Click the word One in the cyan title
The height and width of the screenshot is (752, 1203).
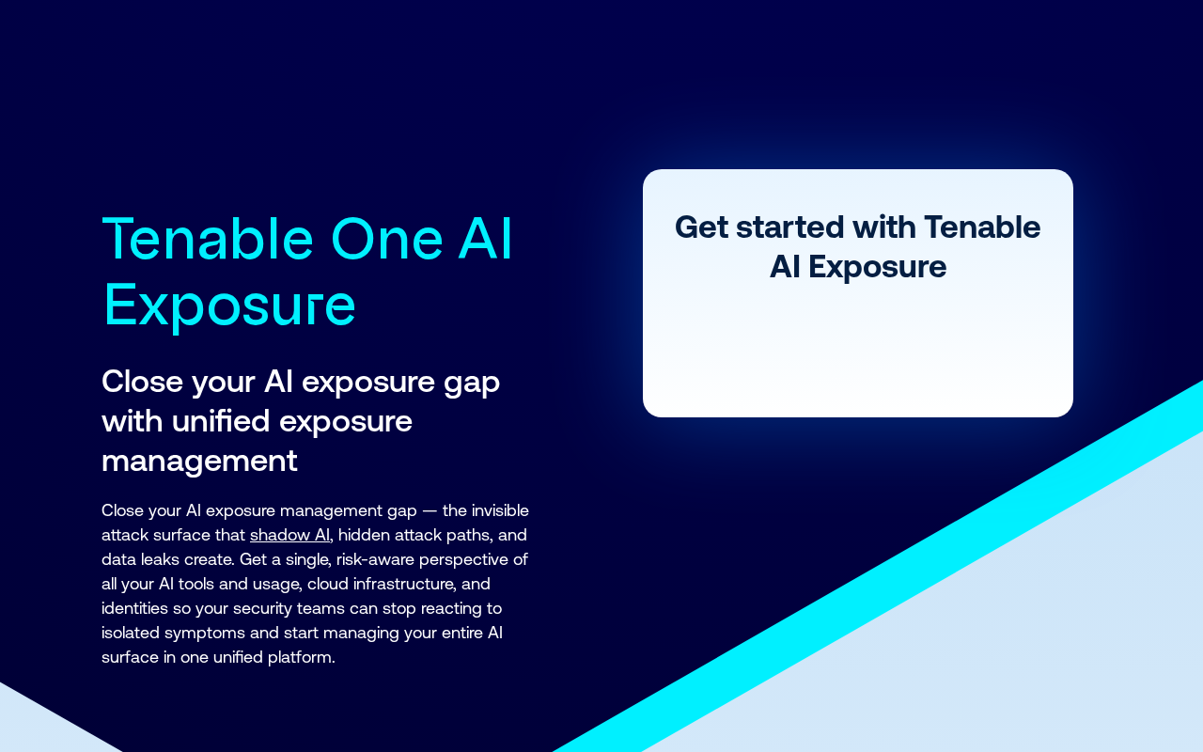(x=387, y=239)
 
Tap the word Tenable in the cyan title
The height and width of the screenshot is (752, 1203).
(x=208, y=238)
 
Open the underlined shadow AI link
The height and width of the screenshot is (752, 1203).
(x=290, y=535)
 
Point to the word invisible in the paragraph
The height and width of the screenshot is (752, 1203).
(x=500, y=510)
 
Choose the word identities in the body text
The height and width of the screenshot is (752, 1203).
(x=134, y=608)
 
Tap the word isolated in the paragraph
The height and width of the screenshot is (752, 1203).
(x=131, y=633)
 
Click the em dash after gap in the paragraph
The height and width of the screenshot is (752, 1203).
(x=430, y=511)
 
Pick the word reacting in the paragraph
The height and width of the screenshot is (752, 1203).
(x=453, y=609)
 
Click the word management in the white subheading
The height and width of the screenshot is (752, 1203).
(x=199, y=462)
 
